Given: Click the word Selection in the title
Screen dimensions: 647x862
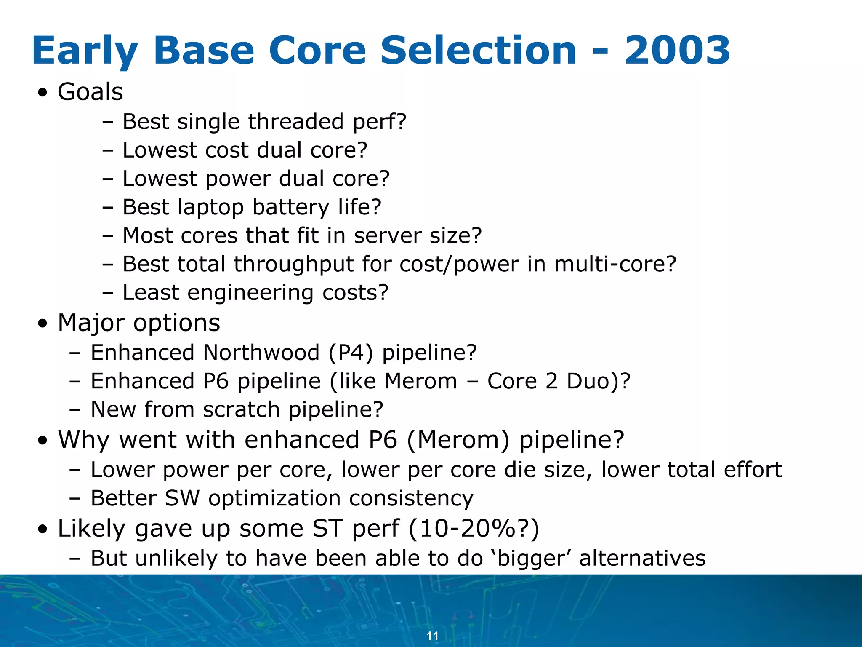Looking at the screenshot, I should pyautogui.click(x=478, y=51).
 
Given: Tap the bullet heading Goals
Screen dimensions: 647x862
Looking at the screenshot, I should pyautogui.click(x=90, y=92).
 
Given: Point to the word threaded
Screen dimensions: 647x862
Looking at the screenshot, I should pyautogui.click(x=295, y=122).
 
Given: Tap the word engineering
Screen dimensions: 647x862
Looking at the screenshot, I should pyautogui.click(x=250, y=293).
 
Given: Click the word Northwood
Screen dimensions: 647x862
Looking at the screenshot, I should pyautogui.click(x=261, y=353).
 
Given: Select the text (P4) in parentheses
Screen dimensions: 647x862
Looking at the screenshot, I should pyautogui.click(x=351, y=353).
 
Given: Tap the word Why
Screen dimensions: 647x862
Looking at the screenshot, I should pyautogui.click(x=84, y=440).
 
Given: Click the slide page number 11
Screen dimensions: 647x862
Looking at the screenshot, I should pyautogui.click(x=432, y=636).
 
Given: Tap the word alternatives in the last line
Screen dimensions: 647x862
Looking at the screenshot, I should pyautogui.click(x=642, y=558).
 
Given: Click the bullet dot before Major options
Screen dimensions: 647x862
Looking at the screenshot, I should pyautogui.click(x=42, y=324).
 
